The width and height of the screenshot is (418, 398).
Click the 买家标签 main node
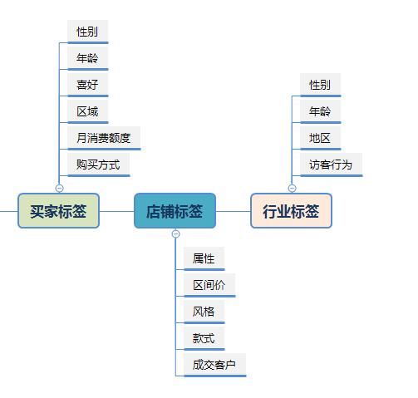[58, 211]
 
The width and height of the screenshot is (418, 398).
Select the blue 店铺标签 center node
[175, 211]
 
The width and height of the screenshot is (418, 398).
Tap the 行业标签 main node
[291, 211]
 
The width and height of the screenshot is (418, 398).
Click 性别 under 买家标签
[87, 32]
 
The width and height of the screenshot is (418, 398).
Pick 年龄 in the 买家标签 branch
[87, 59]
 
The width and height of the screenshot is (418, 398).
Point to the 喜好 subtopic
[87, 85]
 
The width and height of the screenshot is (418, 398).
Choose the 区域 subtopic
[87, 111]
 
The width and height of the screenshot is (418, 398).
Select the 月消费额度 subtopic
[104, 138]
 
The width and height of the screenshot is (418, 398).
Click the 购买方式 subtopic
[98, 165]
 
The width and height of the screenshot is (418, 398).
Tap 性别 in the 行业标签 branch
[320, 85]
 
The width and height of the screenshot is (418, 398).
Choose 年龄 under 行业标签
[320, 111]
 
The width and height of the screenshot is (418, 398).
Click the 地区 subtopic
[320, 138]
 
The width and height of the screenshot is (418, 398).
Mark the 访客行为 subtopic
[331, 165]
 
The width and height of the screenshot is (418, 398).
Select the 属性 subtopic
[204, 258]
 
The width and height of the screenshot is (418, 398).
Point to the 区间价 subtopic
[209, 285]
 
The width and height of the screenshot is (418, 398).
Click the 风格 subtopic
[204, 312]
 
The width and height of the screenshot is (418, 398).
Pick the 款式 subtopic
[204, 338]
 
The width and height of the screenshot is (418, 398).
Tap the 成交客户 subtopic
[214, 365]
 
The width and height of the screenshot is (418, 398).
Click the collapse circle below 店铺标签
[175, 234]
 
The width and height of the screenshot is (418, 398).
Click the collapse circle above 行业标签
[292, 188]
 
